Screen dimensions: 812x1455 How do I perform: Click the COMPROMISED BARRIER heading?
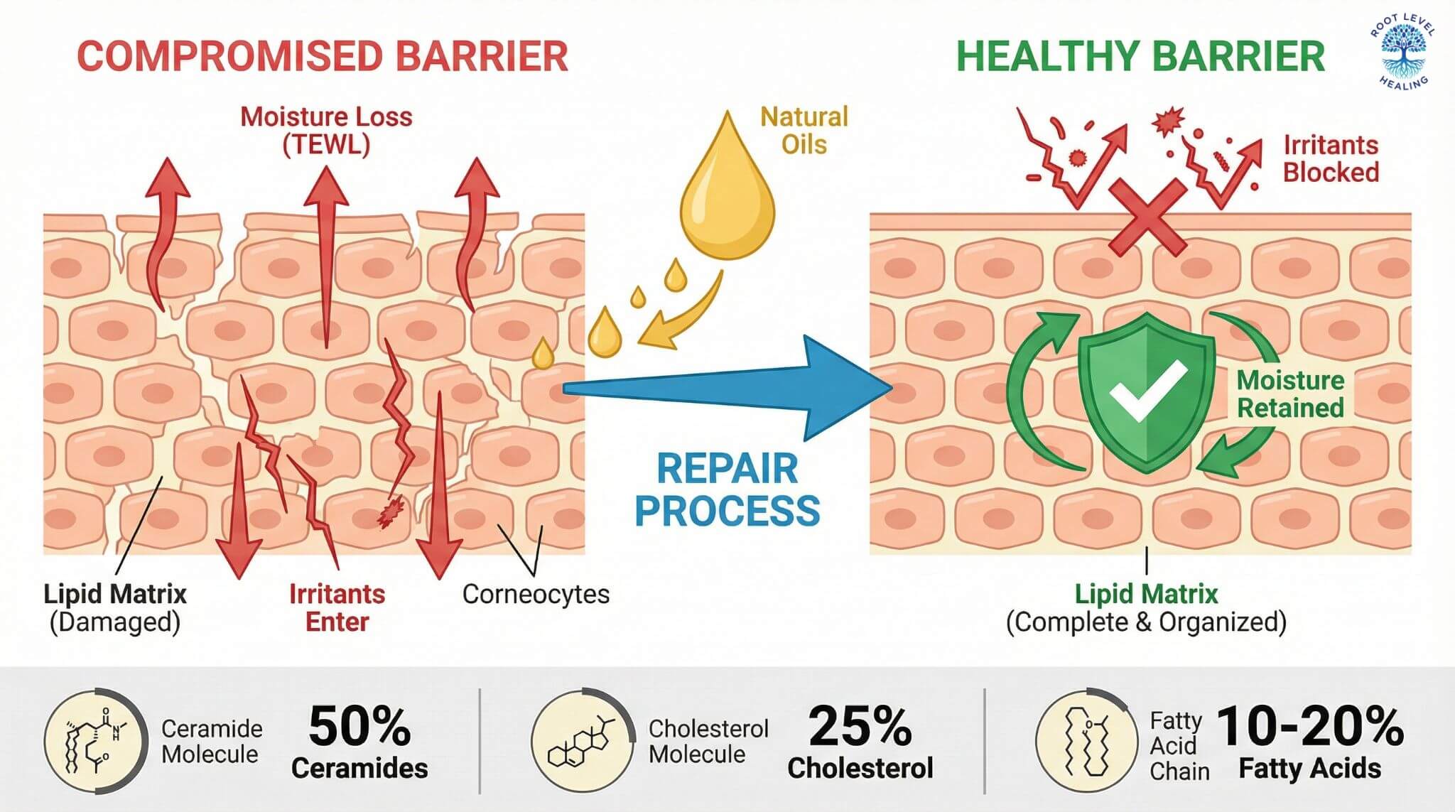[x=323, y=57]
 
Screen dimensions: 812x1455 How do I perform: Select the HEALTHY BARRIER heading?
[x=1140, y=57]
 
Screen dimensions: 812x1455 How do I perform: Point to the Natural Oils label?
[x=804, y=130]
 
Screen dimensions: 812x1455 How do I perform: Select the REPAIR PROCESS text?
[x=727, y=489]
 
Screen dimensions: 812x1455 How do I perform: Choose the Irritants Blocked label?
[x=1330, y=158]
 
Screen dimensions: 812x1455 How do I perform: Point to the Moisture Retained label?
[x=1290, y=394]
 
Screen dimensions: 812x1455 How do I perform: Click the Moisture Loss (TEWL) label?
[x=326, y=130]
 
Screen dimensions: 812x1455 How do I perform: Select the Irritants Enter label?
[x=337, y=607]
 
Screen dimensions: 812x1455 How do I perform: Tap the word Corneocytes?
[x=536, y=594]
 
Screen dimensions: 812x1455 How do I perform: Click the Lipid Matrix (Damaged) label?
[x=115, y=607]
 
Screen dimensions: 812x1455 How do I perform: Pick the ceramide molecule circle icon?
[x=95, y=740]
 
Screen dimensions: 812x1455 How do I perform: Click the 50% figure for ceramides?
[x=359, y=726]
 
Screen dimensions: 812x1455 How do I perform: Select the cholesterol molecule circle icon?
[x=583, y=740]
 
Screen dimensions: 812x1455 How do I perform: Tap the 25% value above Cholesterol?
[x=860, y=726]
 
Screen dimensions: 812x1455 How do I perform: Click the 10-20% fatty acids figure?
[x=1310, y=726]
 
